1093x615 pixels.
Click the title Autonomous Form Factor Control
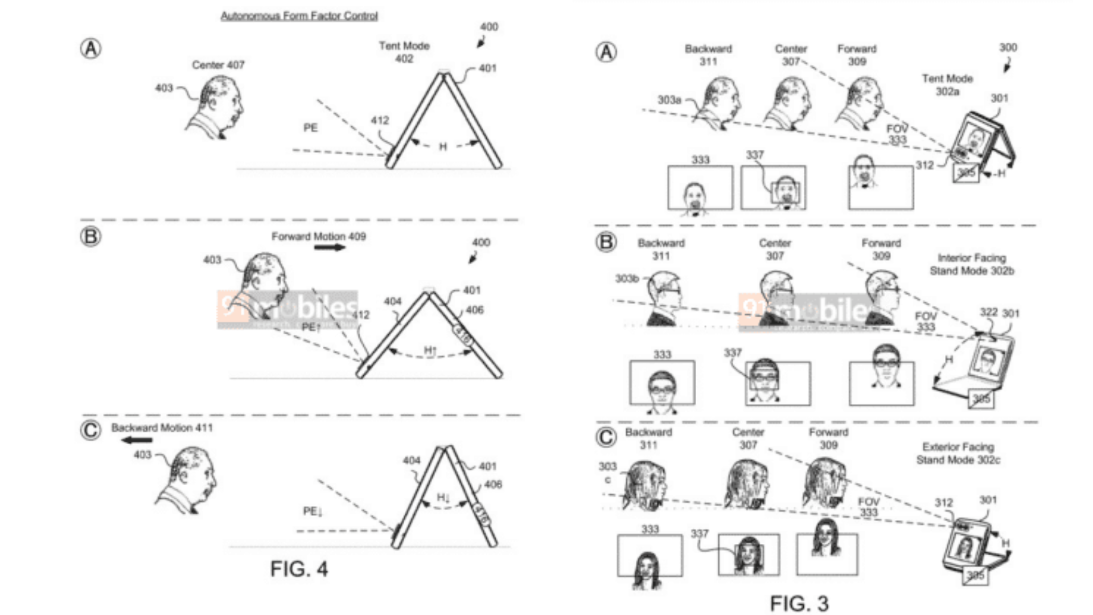pyautogui.click(x=299, y=16)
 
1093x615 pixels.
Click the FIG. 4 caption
pyautogui.click(x=299, y=568)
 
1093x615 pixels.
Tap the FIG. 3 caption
pyautogui.click(x=799, y=603)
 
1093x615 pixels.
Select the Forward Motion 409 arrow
pyautogui.click(x=330, y=248)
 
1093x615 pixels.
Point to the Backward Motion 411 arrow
pyautogui.click(x=138, y=440)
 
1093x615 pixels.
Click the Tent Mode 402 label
pyautogui.click(x=404, y=52)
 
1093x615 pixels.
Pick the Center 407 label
pyautogui.click(x=218, y=65)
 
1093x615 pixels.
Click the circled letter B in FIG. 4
pyautogui.click(x=91, y=236)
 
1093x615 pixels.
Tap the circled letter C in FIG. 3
pyautogui.click(x=606, y=437)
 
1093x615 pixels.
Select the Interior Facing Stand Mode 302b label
pyautogui.click(x=972, y=264)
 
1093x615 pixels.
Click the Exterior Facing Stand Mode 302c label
pyautogui.click(x=958, y=453)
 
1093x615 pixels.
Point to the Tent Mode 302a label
pyautogui.click(x=947, y=84)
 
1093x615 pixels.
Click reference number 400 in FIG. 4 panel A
pyautogui.click(x=488, y=27)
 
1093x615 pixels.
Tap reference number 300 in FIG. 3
pyautogui.click(x=1008, y=48)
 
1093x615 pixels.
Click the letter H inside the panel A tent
pyautogui.click(x=443, y=147)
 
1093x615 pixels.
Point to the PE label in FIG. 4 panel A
pyautogui.click(x=310, y=128)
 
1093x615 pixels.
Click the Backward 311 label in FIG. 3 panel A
pyautogui.click(x=708, y=55)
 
